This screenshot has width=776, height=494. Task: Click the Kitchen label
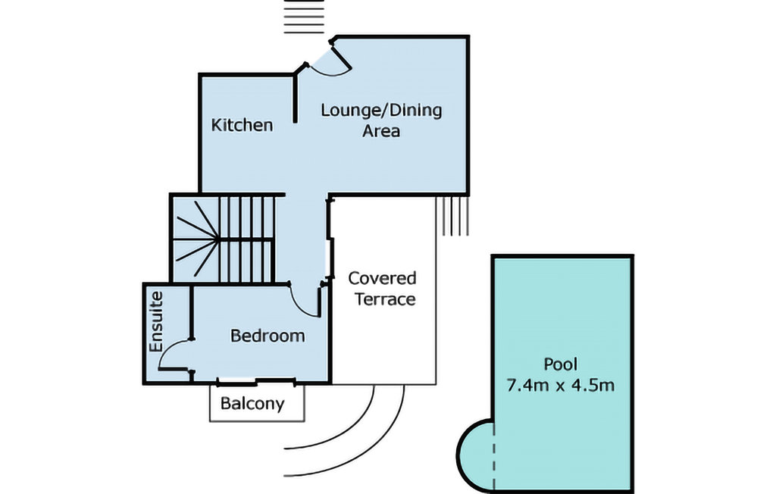242,125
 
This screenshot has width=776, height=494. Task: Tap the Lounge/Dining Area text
380,120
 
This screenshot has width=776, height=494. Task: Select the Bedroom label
268,336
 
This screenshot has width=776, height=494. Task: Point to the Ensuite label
156,321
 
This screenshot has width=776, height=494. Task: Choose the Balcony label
252,403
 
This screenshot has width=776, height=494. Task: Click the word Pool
561,364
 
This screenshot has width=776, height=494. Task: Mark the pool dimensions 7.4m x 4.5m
560,385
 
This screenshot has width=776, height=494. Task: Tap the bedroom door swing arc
306,301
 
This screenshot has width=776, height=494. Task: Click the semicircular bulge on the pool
474,455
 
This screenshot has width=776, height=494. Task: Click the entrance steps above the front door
303,17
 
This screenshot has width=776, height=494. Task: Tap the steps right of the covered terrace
455,214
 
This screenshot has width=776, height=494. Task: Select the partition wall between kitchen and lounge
295,102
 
